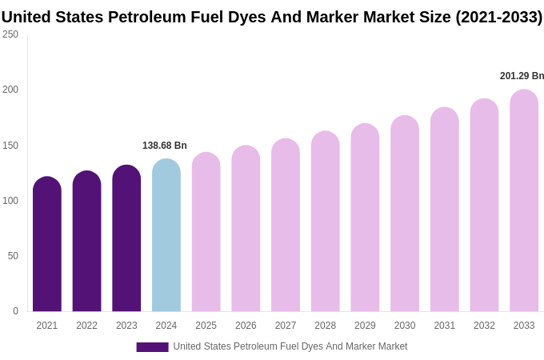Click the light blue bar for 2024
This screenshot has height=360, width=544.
166,235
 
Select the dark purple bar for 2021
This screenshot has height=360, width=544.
47,244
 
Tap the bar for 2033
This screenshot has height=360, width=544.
524,201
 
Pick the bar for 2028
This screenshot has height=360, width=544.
326,222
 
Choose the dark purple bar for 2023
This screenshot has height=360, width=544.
126,238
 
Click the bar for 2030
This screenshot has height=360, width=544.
405,214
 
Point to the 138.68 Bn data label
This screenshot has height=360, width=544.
165,146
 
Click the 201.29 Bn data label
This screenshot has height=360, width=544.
522,76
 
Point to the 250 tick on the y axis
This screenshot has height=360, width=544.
10,34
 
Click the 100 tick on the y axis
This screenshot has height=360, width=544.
10,201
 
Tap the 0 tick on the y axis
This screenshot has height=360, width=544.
15,311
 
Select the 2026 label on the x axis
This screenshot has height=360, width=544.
246,326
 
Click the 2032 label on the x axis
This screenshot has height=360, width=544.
484,326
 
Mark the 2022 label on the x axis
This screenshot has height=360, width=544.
86,326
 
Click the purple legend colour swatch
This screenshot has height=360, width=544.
152,347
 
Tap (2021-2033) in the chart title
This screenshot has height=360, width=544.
498,17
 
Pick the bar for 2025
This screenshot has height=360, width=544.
206,232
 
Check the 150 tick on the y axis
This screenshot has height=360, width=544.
10,146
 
